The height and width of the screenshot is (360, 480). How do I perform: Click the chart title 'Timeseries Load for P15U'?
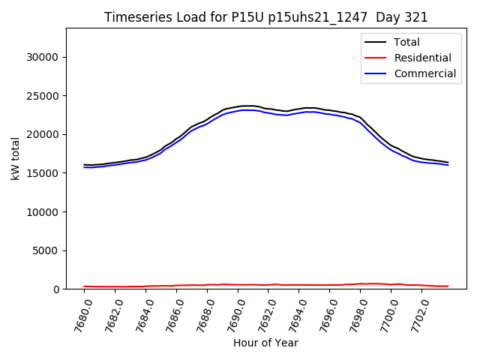coord(265,17)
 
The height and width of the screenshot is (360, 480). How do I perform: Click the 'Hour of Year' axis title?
coord(265,343)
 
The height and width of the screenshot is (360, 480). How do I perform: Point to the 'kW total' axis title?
coord(15,158)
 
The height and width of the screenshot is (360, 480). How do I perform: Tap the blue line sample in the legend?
coord(376,73)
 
